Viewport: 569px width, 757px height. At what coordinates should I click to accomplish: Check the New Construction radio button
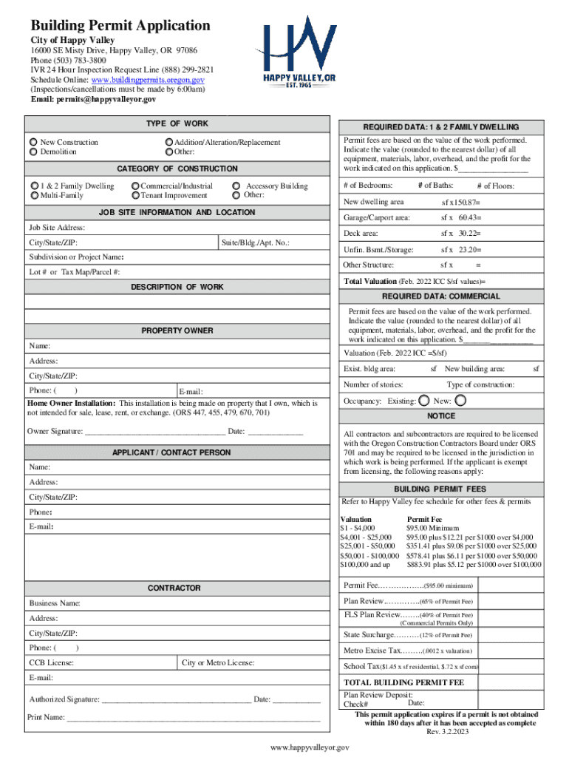[33, 142]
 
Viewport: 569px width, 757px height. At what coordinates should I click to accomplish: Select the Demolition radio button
[33, 152]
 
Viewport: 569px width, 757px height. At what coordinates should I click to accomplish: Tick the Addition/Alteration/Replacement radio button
[169, 142]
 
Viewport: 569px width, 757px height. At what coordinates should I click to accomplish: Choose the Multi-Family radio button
[34, 196]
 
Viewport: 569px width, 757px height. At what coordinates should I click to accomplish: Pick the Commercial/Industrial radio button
[135, 186]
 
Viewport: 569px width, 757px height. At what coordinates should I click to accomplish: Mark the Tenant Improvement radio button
[135, 196]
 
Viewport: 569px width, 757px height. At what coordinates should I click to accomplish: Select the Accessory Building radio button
[236, 186]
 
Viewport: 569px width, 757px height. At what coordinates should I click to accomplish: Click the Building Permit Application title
[120, 26]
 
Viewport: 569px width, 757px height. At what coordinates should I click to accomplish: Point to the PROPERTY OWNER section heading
[177, 330]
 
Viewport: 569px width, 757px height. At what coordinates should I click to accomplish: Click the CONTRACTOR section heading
[174, 588]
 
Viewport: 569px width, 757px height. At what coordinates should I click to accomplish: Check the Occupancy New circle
[460, 401]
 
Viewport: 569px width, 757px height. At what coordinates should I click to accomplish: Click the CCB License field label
[51, 662]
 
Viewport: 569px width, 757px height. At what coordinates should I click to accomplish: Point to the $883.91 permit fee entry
[473, 565]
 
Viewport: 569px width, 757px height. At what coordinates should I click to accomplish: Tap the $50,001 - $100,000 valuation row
[369, 555]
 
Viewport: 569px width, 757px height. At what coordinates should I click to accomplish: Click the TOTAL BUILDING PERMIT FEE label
[403, 682]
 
